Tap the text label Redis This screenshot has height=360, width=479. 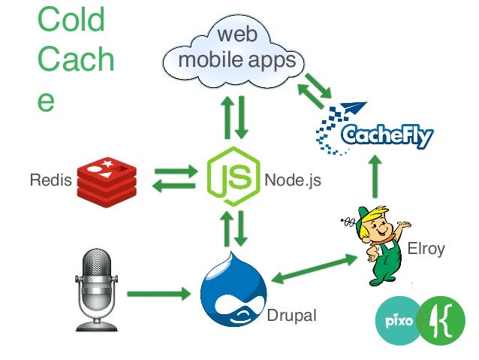pos(46,180)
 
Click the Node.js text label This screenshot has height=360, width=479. pos(292,180)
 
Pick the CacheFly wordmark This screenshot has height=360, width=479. pos(386,135)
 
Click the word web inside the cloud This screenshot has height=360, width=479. pos(233,35)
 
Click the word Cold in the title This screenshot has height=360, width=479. pos(71,21)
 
